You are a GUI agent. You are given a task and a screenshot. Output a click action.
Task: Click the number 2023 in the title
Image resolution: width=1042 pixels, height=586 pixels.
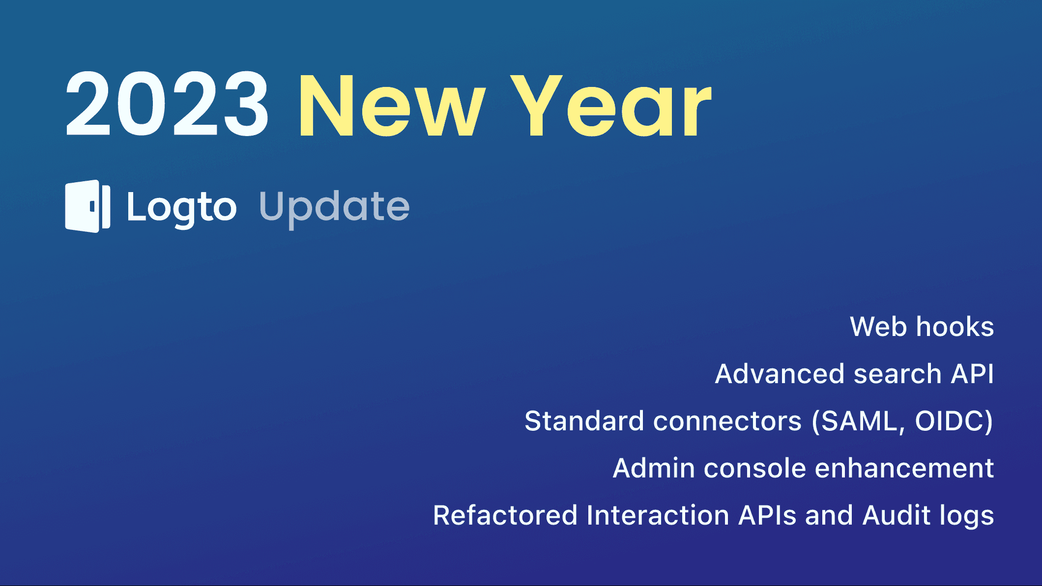point(167,104)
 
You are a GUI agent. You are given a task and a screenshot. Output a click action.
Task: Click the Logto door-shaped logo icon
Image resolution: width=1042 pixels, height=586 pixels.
point(87,206)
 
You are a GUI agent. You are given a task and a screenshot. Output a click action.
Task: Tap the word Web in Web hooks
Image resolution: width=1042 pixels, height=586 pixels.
point(878,327)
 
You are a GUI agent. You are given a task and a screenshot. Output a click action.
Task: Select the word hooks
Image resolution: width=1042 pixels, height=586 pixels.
point(955,327)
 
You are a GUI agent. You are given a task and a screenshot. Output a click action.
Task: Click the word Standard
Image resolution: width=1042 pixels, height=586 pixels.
point(584,421)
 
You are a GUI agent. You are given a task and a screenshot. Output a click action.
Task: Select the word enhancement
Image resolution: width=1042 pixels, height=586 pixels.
point(904,469)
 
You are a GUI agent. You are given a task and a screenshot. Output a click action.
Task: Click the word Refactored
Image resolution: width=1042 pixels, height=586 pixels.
point(505,516)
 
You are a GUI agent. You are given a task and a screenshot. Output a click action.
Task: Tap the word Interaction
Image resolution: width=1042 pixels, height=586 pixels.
point(658,516)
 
